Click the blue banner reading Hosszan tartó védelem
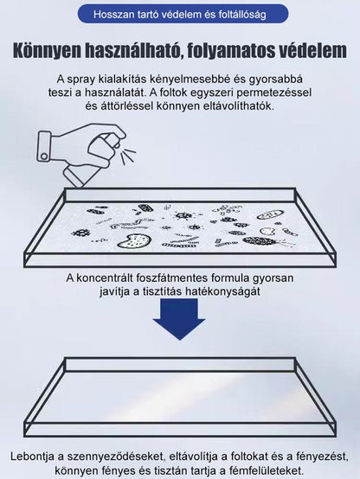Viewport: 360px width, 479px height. (180, 14)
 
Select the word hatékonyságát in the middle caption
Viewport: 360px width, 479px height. (239, 292)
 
